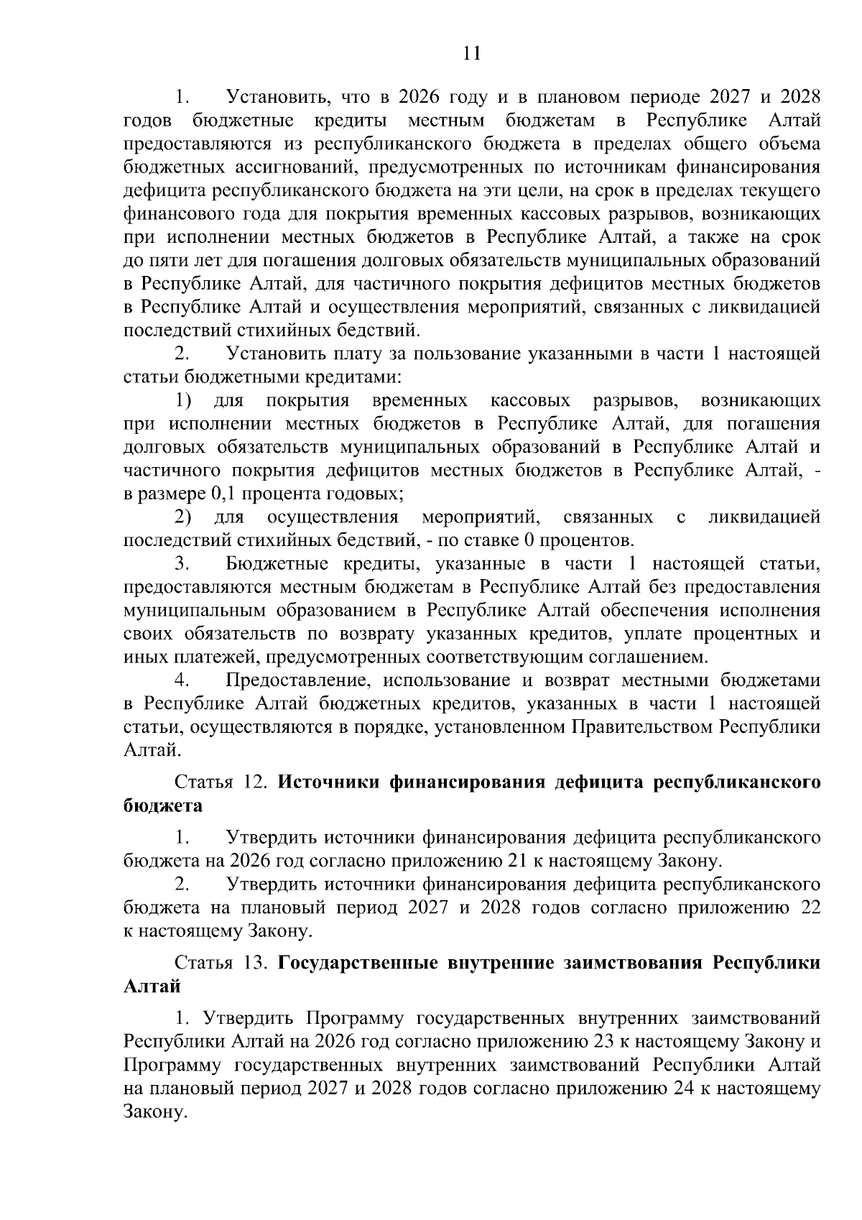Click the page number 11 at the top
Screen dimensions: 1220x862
[472, 54]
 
